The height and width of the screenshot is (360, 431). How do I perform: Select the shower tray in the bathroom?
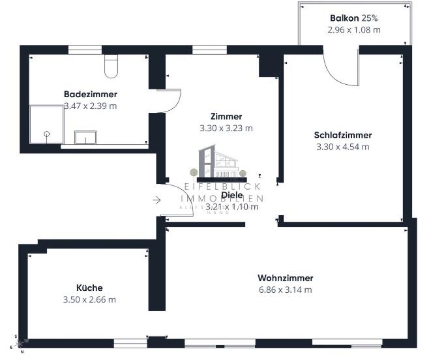[46, 126]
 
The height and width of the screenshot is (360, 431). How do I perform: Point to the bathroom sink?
[85, 137]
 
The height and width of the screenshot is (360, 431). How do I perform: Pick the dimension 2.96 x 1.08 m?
[355, 30]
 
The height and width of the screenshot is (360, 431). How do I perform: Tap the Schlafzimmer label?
[342, 135]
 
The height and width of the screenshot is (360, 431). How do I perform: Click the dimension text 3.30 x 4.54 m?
[342, 146]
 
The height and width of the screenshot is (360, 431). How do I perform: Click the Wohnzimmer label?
[285, 277]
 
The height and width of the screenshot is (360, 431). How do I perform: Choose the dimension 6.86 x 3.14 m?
[285, 289]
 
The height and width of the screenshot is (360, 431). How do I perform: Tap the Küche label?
[89, 288]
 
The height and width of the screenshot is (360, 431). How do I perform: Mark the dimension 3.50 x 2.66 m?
[89, 299]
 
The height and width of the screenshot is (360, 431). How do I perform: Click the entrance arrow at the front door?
[156, 200]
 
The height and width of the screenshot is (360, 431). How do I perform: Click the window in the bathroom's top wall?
[85, 49]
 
